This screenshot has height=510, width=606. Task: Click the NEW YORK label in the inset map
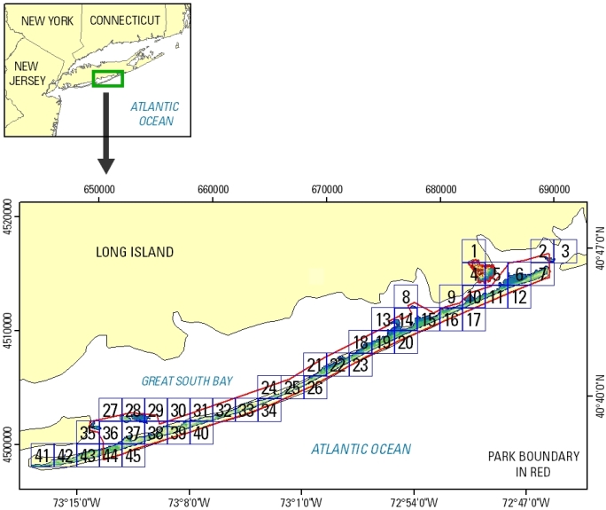(x=47, y=20)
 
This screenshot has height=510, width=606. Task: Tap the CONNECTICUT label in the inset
(x=125, y=20)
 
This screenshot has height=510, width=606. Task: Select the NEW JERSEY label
(x=27, y=73)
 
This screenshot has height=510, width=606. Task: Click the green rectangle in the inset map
(x=107, y=79)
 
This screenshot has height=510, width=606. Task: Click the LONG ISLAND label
(x=135, y=253)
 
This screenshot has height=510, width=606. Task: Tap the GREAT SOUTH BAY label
(x=187, y=381)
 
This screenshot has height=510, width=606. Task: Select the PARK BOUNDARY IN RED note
(x=533, y=464)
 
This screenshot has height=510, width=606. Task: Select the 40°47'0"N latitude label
(x=597, y=250)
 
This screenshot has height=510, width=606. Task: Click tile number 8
(x=406, y=297)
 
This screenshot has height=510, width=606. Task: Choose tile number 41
(x=42, y=456)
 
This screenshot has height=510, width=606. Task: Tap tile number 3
(x=565, y=251)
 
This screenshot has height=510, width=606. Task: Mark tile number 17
(x=474, y=319)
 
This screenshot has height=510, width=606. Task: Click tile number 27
(x=110, y=410)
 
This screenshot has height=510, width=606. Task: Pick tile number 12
(x=520, y=297)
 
